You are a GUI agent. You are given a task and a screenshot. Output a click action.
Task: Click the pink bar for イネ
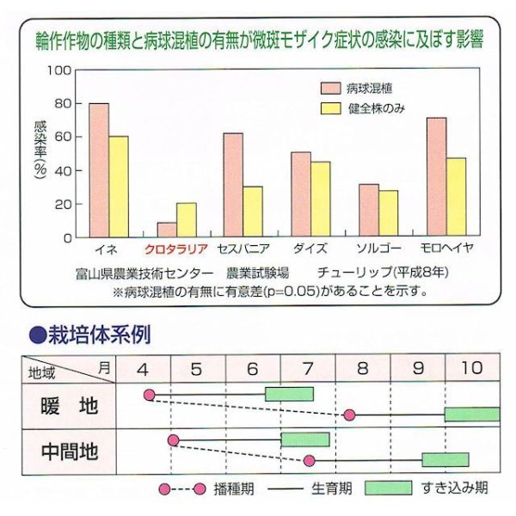pyautogui.click(x=99, y=170)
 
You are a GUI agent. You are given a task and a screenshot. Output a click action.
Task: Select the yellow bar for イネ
pyautogui.click(x=119, y=187)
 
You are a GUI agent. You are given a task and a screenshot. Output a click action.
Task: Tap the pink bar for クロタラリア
pyautogui.click(x=166, y=230)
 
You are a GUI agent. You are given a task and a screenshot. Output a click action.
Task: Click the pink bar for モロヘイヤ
pyautogui.click(x=437, y=177)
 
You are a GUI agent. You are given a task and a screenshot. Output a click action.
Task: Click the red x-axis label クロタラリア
pyautogui.click(x=175, y=249)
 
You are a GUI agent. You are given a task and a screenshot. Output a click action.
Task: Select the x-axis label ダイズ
pyautogui.click(x=310, y=249)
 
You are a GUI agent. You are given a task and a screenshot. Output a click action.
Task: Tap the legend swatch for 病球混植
pyautogui.click(x=330, y=88)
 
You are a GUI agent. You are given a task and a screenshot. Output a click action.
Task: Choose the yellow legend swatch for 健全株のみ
pyautogui.click(x=330, y=108)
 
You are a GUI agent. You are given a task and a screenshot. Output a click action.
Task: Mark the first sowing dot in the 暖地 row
pyautogui.click(x=150, y=395)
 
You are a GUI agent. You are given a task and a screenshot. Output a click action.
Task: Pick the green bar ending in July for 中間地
pyautogui.click(x=304, y=439)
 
